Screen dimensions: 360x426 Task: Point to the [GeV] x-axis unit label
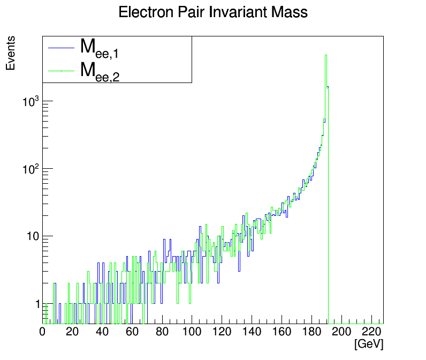(x=369, y=344)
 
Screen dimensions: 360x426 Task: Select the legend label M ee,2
(x=99, y=71)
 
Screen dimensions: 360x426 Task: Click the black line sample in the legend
(x=60, y=48)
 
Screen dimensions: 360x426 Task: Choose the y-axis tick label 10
(x=32, y=236)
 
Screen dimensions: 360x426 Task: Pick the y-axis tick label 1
(x=37, y=304)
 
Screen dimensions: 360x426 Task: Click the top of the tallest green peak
(x=326, y=55)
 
